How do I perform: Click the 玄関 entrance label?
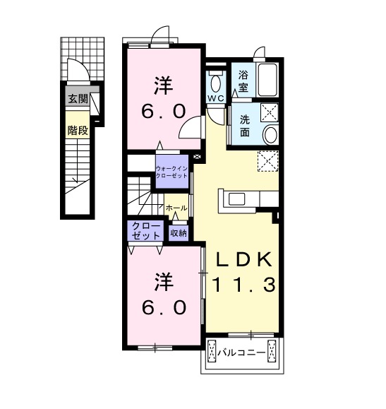tap(78, 99)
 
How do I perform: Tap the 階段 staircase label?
tap(78, 131)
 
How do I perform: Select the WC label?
tap(215, 98)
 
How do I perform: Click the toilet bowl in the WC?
tap(215, 82)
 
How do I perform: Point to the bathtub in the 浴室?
tap(267, 79)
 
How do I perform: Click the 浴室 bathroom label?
tap(243, 81)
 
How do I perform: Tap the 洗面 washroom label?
tap(245, 126)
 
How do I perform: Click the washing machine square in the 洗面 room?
tap(270, 112)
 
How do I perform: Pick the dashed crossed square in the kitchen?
tap(268, 161)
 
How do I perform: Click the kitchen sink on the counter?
tap(236, 199)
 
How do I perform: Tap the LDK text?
tap(243, 259)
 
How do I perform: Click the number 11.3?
tap(244, 285)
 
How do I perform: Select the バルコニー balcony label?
tap(241, 353)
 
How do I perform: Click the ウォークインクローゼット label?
tap(171, 172)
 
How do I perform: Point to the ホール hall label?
tap(176, 208)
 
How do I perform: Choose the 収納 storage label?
tap(179, 233)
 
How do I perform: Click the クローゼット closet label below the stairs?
tap(145, 230)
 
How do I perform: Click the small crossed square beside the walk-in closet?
tap(198, 157)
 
